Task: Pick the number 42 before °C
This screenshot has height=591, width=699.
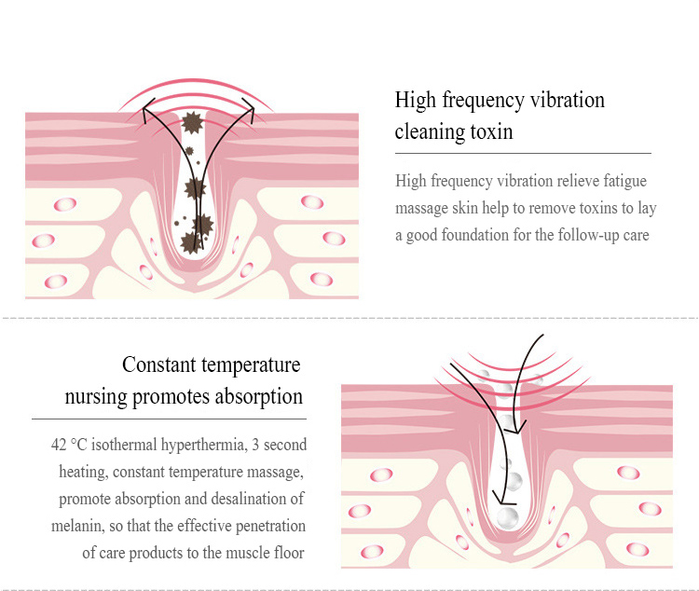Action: (x=59, y=445)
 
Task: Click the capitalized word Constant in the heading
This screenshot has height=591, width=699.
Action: (x=159, y=364)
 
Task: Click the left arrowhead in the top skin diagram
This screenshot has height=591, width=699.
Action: (x=148, y=109)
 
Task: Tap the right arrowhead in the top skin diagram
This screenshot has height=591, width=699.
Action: (x=249, y=109)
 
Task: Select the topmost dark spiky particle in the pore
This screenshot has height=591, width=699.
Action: (x=193, y=122)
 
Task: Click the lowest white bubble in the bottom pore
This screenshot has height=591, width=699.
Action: (x=508, y=518)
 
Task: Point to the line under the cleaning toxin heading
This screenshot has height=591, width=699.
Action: (x=523, y=153)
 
